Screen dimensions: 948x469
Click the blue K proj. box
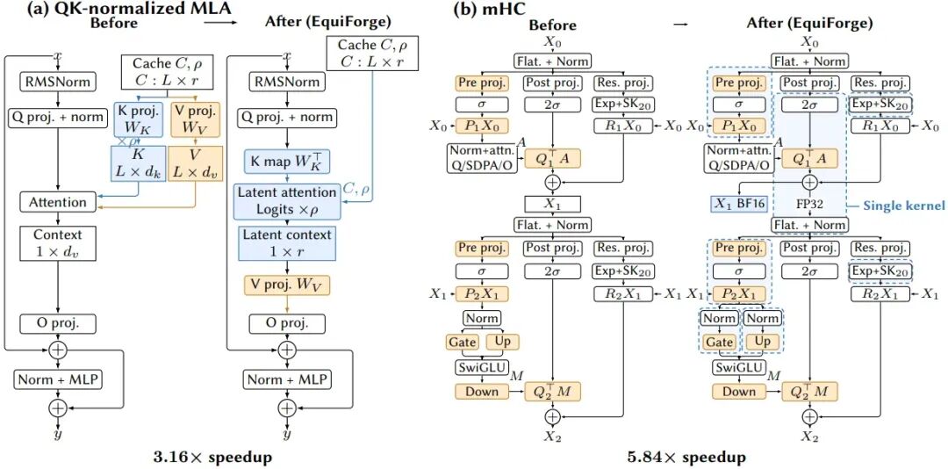[138, 119]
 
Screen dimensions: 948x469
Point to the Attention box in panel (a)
[57, 201]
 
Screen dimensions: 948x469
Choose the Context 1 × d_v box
[57, 242]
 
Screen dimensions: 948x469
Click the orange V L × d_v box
[195, 164]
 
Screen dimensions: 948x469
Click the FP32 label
[808, 203]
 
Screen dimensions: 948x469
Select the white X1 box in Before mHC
[553, 204]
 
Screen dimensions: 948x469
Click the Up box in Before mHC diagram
[502, 342]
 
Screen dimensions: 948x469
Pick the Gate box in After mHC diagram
[719, 342]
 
